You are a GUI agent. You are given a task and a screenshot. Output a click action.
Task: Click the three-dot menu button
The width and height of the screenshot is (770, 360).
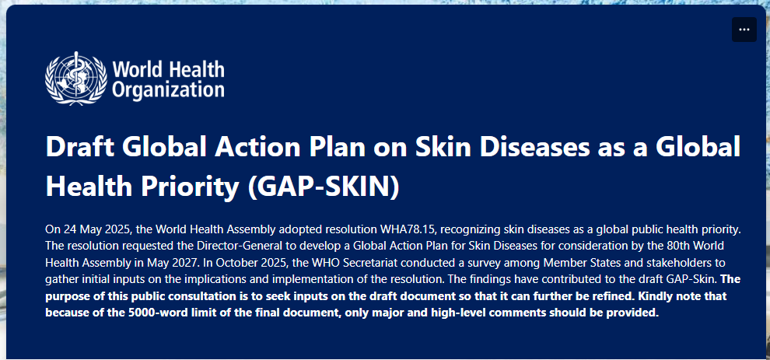click(744, 30)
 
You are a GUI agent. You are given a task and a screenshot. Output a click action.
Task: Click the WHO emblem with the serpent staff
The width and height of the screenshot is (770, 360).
click(76, 78)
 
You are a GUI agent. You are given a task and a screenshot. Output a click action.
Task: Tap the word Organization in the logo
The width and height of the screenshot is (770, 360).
click(169, 89)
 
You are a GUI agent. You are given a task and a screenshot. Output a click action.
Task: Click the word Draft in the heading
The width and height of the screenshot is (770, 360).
click(81, 147)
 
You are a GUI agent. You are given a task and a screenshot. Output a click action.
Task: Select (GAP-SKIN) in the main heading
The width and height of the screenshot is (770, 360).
click(324, 187)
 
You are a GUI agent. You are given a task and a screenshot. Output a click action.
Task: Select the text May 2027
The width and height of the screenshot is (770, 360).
click(172, 263)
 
